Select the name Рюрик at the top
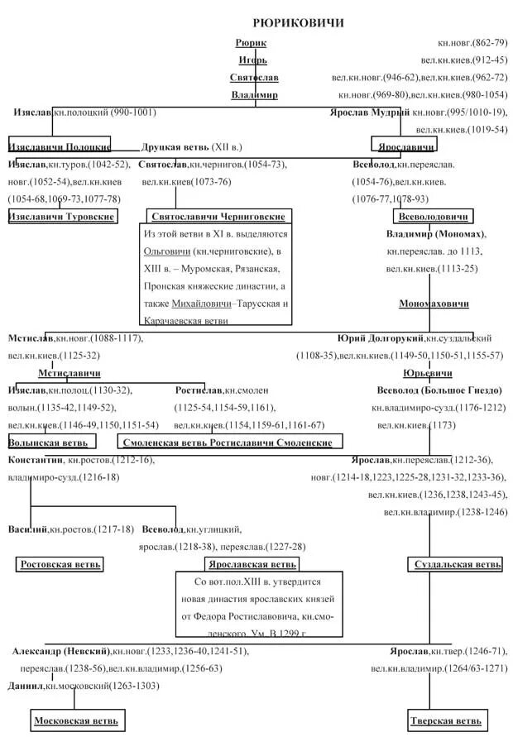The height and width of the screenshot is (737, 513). [251, 42]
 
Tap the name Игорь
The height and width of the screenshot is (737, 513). [252, 60]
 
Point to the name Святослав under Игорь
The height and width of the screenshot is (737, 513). [254, 78]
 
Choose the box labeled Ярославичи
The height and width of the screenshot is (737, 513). [406, 146]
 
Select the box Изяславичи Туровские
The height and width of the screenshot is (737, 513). [61, 216]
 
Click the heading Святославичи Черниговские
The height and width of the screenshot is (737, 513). [218, 217]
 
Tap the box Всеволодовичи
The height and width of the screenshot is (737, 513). [434, 216]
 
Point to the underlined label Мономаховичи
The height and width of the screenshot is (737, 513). [434, 304]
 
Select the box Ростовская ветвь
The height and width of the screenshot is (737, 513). [60, 564]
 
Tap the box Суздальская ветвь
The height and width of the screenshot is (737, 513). [456, 564]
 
